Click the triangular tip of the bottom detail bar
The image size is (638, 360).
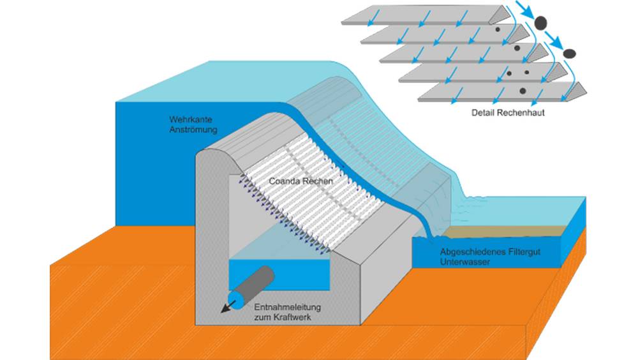click(581, 93)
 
